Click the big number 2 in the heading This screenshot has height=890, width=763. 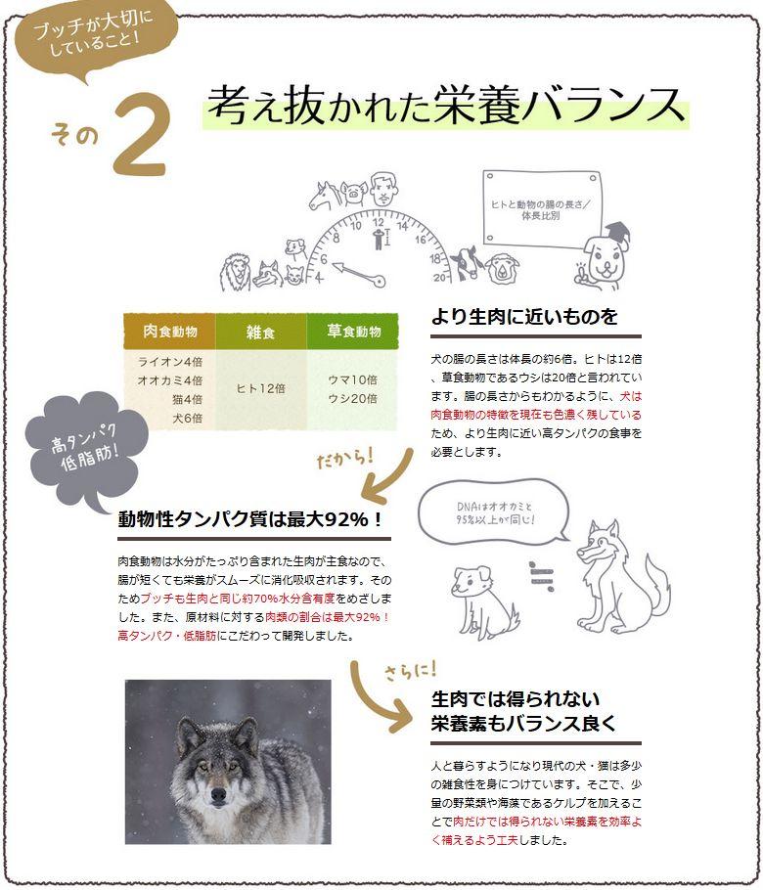pos(142,135)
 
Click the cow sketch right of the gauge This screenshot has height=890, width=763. pos(468,262)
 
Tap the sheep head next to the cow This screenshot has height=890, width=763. pos(502,267)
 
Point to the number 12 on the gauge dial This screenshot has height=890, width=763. pos(378,222)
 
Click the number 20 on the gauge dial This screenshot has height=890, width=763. pos(439,278)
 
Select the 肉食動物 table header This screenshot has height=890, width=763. pos(169,332)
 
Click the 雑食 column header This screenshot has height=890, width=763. pos(260,333)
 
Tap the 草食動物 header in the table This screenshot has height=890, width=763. pos(353,332)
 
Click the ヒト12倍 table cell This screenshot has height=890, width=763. pos(260,387)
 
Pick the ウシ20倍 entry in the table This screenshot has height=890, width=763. pos(352,398)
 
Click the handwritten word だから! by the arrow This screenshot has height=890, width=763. pos(344,458)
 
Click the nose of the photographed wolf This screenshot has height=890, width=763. pos(217,793)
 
